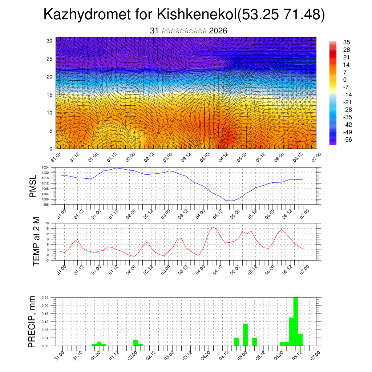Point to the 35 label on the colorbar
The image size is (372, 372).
347,42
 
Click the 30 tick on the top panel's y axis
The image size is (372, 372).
49,41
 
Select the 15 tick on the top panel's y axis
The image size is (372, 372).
49,95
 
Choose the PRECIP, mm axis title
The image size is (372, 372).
33,322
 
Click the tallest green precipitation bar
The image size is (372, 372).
296,322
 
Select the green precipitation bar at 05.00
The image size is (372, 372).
245,335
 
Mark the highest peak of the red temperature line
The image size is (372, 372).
212,227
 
